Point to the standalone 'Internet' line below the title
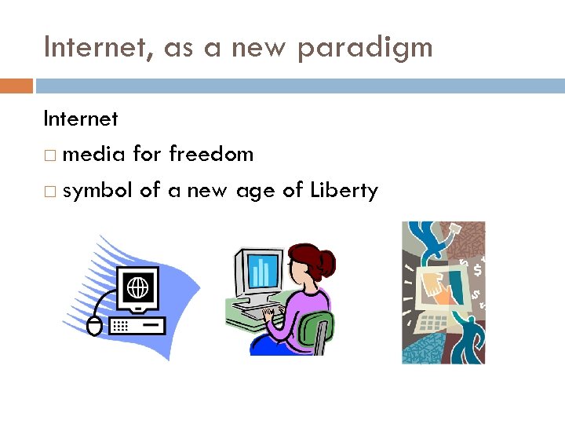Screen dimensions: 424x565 coord(80,119)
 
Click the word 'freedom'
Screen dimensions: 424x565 coord(211,154)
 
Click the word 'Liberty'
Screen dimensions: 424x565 coord(344,190)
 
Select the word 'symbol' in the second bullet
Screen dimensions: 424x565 coord(98,190)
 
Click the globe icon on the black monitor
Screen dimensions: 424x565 coord(137,287)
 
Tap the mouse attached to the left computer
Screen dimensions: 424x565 coord(94,326)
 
